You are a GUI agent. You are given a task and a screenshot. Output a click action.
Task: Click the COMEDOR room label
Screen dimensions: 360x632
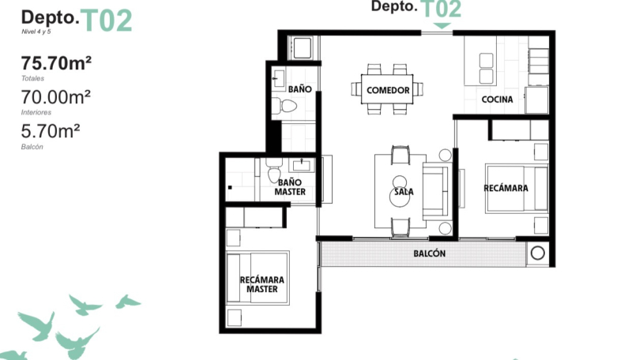[388, 90]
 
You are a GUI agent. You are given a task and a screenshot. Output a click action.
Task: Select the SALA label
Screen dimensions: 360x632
[402, 190]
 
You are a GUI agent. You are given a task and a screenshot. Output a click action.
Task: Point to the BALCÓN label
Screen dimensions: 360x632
[430, 254]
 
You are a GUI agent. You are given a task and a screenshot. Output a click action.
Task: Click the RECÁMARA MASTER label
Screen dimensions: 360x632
[261, 284]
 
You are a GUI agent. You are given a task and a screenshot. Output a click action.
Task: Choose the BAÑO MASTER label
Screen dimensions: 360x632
[290, 187]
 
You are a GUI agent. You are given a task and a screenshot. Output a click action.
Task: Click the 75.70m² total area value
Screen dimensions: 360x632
[58, 64]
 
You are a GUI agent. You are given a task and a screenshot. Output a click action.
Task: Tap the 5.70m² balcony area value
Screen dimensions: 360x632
[51, 130]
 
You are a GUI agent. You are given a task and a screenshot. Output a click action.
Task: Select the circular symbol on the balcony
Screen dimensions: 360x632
[537, 254]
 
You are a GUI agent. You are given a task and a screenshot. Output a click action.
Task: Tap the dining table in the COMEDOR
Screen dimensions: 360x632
[388, 85]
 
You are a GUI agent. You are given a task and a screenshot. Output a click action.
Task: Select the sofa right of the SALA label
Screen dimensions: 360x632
[437, 190]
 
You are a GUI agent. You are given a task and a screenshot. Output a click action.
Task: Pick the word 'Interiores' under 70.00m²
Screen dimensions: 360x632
[36, 112]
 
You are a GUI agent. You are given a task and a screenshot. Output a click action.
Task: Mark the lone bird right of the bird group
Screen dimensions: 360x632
[126, 301]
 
